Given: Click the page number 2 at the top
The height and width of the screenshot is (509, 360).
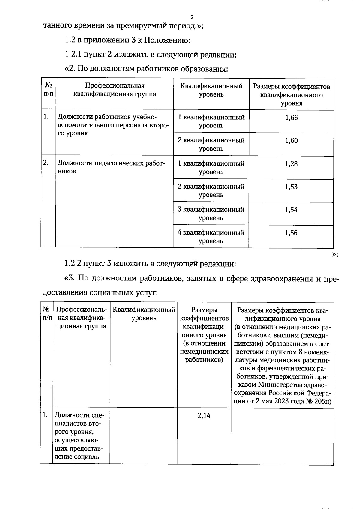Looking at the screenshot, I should click(192, 17).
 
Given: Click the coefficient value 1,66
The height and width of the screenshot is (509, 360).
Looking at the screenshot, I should click(292, 118).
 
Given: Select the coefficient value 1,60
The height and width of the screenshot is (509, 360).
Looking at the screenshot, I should click(292, 141).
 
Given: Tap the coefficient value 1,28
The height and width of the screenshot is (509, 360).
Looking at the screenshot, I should click(292, 164).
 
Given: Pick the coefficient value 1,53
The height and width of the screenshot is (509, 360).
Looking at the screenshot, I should click(292, 187).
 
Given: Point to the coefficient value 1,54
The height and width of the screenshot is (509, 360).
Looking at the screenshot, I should click(292, 210).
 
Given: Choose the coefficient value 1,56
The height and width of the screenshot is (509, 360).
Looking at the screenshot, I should click(292, 233).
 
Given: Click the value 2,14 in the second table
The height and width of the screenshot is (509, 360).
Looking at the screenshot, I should click(204, 415).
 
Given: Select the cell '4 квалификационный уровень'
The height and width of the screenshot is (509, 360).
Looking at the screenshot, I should click(211, 237).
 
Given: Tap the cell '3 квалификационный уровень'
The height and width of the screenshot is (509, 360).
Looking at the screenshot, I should click(211, 214).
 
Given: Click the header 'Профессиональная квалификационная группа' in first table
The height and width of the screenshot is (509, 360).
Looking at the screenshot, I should click(115, 90).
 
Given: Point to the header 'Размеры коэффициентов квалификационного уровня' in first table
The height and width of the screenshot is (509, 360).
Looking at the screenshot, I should click(292, 95).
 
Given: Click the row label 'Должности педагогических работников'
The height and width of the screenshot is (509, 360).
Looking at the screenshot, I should click(111, 167).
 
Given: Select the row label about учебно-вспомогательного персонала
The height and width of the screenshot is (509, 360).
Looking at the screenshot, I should click(113, 125).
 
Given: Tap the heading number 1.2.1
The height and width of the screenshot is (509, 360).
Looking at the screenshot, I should click(73, 55).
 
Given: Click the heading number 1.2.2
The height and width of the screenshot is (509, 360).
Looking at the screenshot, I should click(73, 264).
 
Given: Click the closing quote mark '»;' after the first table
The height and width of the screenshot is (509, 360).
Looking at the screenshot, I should click(335, 254).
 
